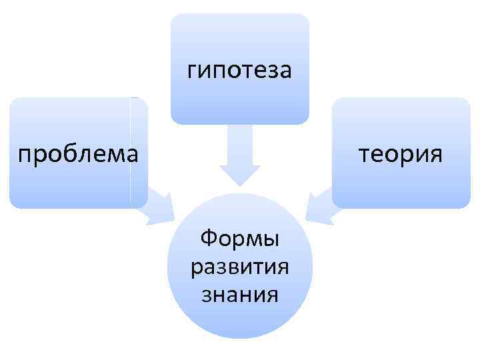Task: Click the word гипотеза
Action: [x=239, y=69]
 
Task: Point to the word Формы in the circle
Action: [x=240, y=237]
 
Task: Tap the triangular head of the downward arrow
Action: [x=240, y=175]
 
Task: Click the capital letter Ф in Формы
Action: [x=208, y=237]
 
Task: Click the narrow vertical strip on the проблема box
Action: [x=138, y=153]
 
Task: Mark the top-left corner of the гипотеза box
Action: [x=173, y=17]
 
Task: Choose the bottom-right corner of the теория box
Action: [x=468, y=205]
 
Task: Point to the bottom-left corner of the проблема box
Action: [x=12, y=205]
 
